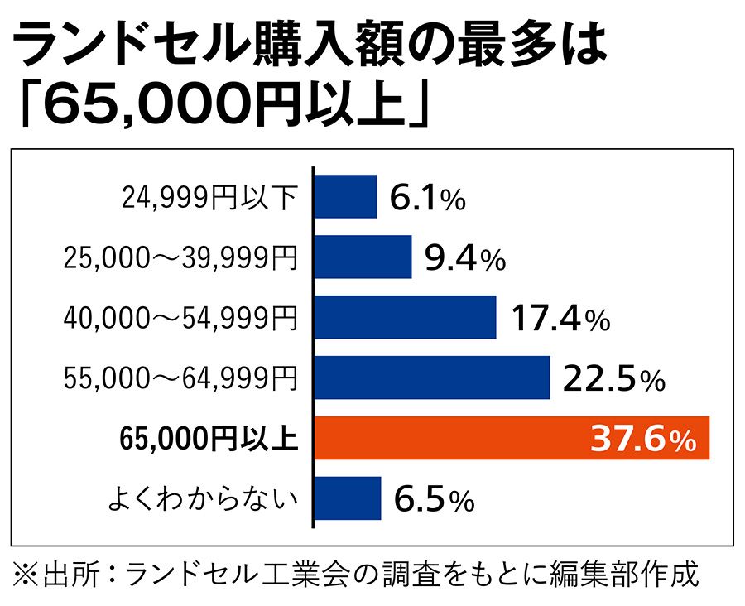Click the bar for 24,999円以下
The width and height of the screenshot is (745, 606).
point(345,196)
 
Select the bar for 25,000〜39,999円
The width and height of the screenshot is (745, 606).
point(363,257)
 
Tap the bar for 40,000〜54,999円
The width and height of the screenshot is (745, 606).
point(405,317)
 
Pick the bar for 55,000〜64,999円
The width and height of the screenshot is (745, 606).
point(432,378)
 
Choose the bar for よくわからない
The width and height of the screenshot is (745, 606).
point(348,498)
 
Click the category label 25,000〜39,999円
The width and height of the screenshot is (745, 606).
point(180,258)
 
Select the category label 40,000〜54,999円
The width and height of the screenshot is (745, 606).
point(180,319)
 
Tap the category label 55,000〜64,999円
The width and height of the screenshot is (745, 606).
point(180,379)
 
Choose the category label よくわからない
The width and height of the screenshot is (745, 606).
point(204,499)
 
